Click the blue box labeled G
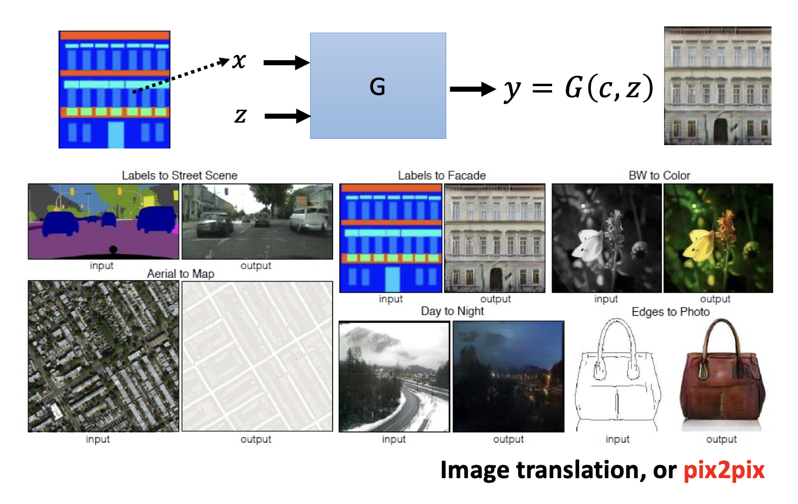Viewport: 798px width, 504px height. [x=378, y=86]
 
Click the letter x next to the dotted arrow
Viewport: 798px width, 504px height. [x=239, y=61]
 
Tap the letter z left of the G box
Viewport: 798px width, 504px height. [x=240, y=116]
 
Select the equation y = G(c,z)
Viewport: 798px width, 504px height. [x=578, y=88]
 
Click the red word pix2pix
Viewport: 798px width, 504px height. [x=724, y=470]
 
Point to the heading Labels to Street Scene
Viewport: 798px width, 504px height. [x=180, y=175]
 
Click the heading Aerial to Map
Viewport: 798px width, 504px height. [x=181, y=274]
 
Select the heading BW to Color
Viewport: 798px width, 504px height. [x=659, y=175]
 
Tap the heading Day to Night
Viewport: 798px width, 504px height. [x=452, y=311]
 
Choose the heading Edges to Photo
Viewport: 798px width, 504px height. [x=670, y=312]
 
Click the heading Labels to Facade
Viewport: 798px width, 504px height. [x=442, y=175]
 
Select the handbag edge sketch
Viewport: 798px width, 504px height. [x=617, y=373]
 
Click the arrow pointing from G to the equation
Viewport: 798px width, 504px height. [x=472, y=89]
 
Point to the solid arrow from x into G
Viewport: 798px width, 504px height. [x=286, y=62]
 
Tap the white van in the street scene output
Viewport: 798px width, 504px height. [x=310, y=219]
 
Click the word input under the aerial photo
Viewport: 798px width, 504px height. [x=98, y=439]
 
